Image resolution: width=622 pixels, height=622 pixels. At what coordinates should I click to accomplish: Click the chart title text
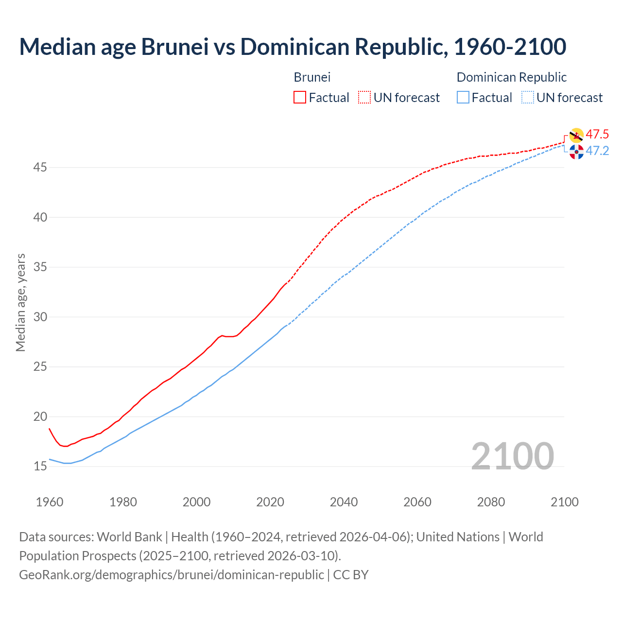pyautogui.click(x=293, y=47)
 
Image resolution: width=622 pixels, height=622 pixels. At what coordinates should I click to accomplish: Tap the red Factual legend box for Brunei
pyautogui.click(x=300, y=97)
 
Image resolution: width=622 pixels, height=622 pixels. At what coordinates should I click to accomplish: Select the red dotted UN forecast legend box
pyautogui.click(x=364, y=97)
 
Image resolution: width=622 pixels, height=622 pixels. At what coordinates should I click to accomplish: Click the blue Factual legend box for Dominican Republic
pyautogui.click(x=463, y=97)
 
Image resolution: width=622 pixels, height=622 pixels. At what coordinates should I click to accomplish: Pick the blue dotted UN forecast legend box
pyautogui.click(x=528, y=97)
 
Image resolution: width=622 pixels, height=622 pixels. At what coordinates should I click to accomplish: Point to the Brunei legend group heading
pyautogui.click(x=312, y=77)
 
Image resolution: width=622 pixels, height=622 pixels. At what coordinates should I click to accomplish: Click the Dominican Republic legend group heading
pyautogui.click(x=512, y=77)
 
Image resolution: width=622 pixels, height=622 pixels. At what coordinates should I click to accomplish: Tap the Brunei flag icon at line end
pyautogui.click(x=576, y=136)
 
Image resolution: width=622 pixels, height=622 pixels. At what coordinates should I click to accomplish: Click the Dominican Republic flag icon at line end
pyautogui.click(x=576, y=152)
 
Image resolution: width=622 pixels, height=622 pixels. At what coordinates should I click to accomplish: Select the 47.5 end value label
pyautogui.click(x=597, y=135)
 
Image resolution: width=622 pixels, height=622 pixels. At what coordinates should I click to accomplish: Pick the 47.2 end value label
pyautogui.click(x=597, y=151)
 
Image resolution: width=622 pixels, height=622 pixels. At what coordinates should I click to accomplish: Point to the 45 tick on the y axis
pyautogui.click(x=40, y=168)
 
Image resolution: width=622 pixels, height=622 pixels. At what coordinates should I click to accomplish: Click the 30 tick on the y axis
pyautogui.click(x=40, y=317)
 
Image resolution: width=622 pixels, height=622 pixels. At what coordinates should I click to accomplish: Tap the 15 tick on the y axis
pyautogui.click(x=40, y=466)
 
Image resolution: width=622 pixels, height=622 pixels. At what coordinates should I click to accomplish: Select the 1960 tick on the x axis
pyautogui.click(x=50, y=502)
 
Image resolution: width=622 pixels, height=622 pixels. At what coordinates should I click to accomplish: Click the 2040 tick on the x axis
pyautogui.click(x=344, y=502)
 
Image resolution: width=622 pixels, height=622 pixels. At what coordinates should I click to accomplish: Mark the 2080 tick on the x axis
pyautogui.click(x=491, y=502)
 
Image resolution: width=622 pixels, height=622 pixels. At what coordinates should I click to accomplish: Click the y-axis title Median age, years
pyautogui.click(x=20, y=302)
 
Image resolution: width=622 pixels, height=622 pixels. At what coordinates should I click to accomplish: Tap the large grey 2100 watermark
pyautogui.click(x=512, y=456)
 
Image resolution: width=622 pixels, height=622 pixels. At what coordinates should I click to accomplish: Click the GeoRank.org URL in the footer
pyautogui.click(x=171, y=575)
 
